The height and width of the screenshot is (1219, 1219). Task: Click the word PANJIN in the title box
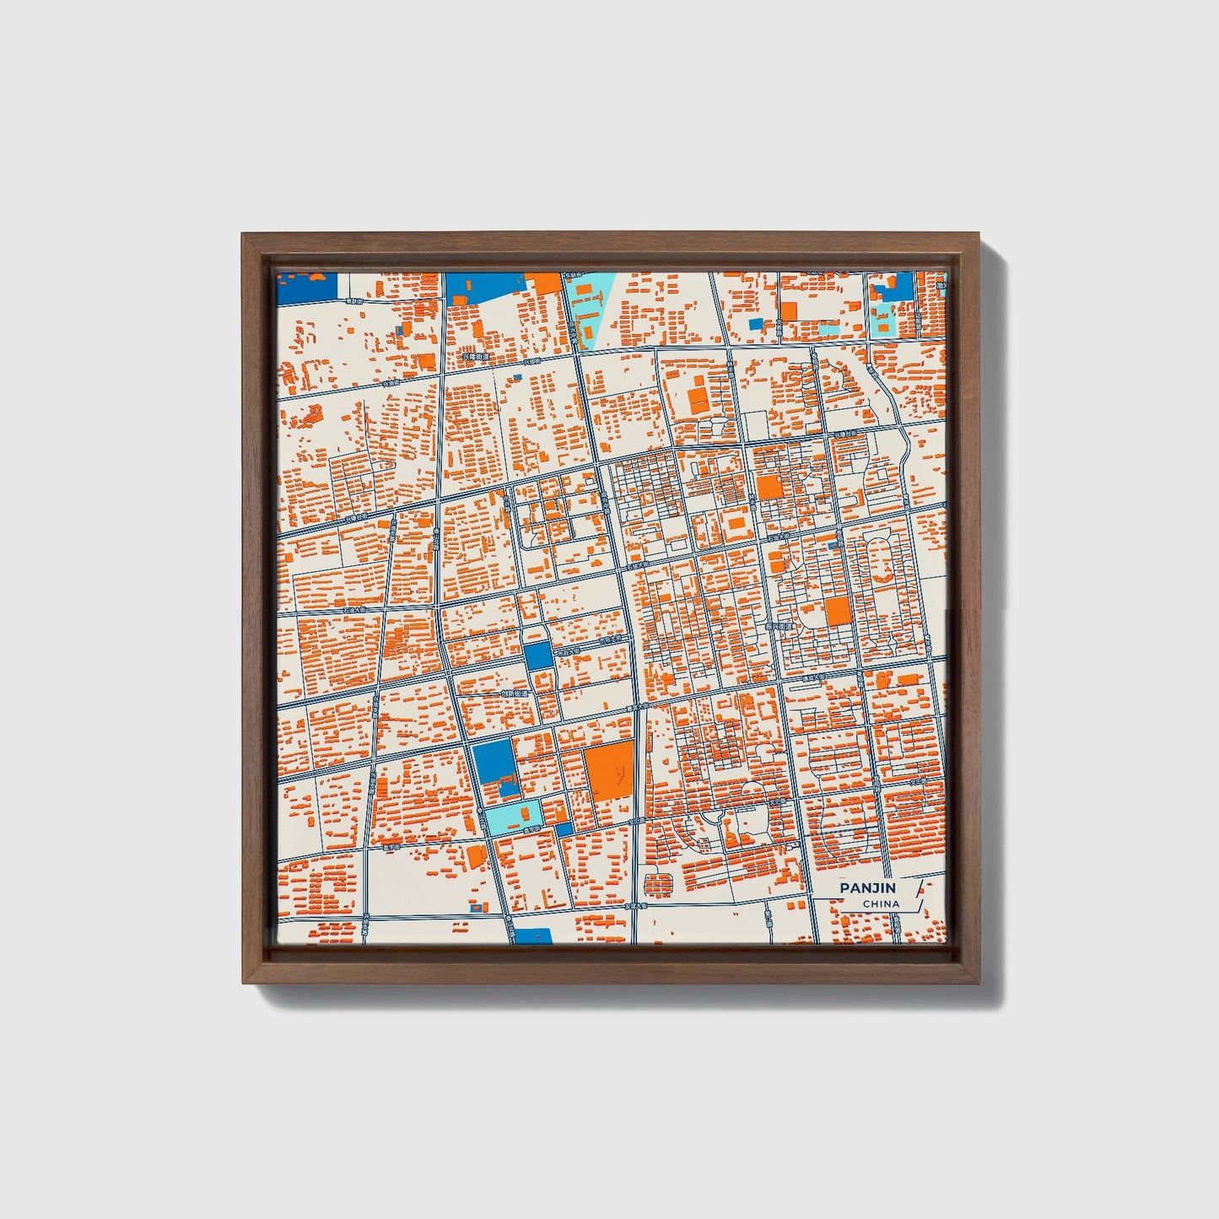[867, 888]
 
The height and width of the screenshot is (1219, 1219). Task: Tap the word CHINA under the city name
[881, 904]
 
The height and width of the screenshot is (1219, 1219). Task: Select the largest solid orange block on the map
[608, 771]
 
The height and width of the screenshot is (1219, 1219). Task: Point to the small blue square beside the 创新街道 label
[537, 655]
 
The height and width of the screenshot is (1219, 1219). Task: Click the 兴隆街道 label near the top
[474, 357]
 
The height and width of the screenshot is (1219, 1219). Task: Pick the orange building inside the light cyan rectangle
[530, 813]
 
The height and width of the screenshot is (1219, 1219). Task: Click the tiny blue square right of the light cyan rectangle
[564, 829]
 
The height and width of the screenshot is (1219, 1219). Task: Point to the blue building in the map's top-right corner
[896, 288]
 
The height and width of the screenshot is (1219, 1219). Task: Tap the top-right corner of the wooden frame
[979, 235]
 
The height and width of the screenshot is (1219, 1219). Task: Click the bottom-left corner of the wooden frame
[245, 982]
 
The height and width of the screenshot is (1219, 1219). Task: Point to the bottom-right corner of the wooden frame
[979, 982]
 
